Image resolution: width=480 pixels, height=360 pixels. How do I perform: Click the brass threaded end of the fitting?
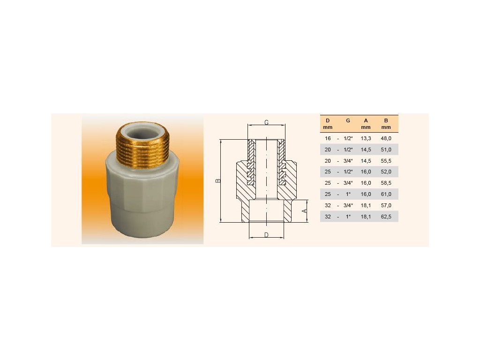coord(142,147)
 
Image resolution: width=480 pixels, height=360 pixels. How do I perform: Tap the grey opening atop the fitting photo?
coord(142,132)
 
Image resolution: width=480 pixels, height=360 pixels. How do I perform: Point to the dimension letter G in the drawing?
coord(266,122)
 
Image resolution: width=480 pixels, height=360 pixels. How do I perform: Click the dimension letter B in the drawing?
coord(218,180)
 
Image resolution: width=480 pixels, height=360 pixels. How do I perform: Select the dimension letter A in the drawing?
coord(304,211)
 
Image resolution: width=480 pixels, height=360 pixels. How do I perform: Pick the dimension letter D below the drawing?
coord(266,235)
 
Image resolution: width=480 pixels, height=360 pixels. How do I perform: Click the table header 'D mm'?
coord(328,124)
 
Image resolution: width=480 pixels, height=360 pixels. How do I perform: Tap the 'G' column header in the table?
coord(348,120)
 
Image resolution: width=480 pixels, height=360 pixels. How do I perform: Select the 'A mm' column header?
coord(366,124)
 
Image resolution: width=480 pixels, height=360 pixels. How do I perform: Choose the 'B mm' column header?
coord(386,124)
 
